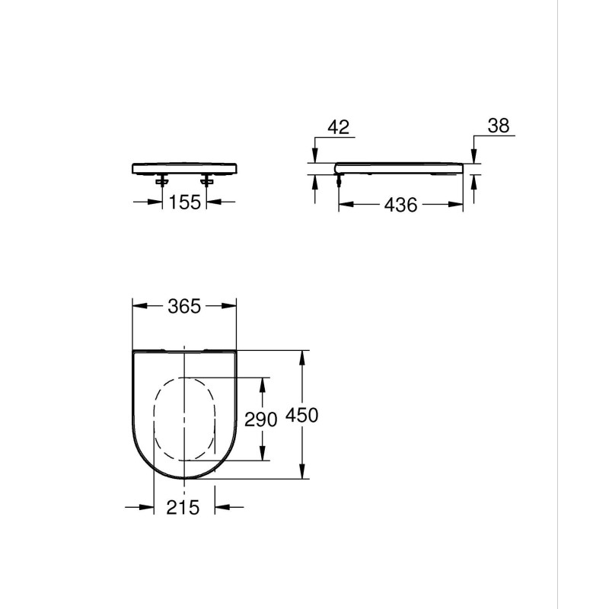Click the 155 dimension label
[185, 202]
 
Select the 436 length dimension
[401, 205]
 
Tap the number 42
[339, 127]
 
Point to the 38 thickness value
[499, 126]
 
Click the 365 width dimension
[184, 307]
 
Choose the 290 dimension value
[260, 419]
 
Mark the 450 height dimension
[301, 415]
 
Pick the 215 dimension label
[183, 507]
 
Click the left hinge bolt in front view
[162, 180]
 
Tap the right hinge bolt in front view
[206, 180]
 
